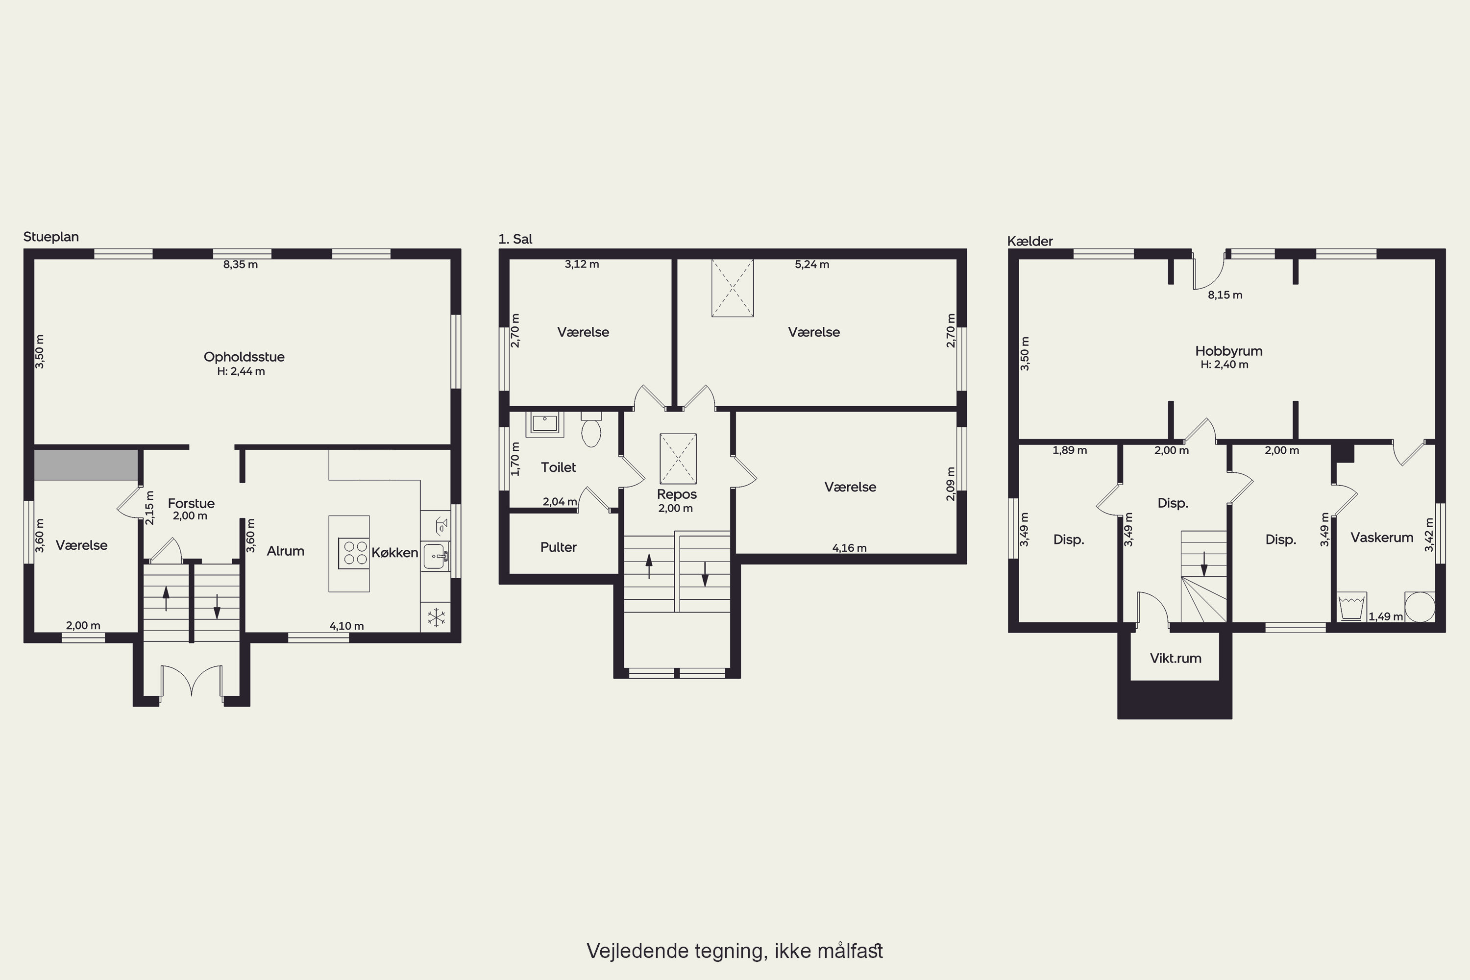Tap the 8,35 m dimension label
click(x=241, y=265)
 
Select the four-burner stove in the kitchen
click(x=354, y=553)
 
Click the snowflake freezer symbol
click(x=436, y=617)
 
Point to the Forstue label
click(x=191, y=503)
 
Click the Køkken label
click(x=394, y=553)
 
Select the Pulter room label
click(x=558, y=547)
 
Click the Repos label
click(x=677, y=494)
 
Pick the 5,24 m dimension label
click(x=812, y=265)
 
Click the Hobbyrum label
click(x=1229, y=351)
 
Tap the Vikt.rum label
click(x=1176, y=658)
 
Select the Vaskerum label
click(x=1382, y=538)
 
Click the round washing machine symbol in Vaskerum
click(x=1420, y=606)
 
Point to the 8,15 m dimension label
click(x=1225, y=295)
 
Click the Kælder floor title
click(x=1030, y=241)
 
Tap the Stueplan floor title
click(x=51, y=237)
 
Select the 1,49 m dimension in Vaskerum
click(x=1386, y=616)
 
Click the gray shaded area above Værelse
click(x=86, y=465)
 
